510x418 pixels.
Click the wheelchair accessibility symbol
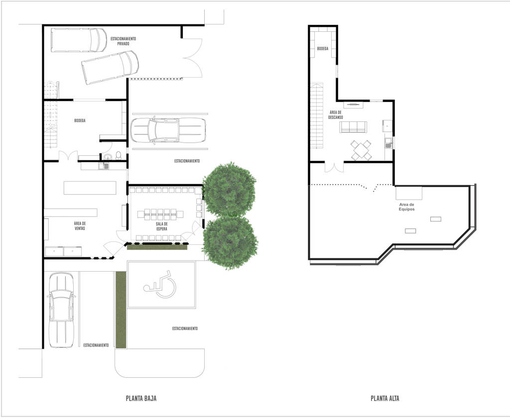pyautogui.click(x=160, y=284)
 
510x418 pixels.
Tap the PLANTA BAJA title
pyautogui.click(x=144, y=398)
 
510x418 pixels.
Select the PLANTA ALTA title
pyautogui.click(x=384, y=398)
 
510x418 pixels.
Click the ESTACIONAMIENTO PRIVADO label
pyautogui.click(x=123, y=41)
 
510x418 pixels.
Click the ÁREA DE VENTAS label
pyautogui.click(x=80, y=226)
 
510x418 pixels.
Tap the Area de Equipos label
pyautogui.click(x=406, y=207)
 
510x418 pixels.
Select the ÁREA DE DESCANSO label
pyautogui.click(x=335, y=115)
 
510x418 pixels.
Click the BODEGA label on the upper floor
pyautogui.click(x=322, y=49)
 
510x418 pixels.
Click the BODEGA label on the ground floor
pyautogui.click(x=80, y=120)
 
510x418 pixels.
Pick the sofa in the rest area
pyautogui.click(x=353, y=127)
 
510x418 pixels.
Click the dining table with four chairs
pyautogui.click(x=361, y=150)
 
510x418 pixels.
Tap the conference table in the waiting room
pyautogui.click(x=161, y=215)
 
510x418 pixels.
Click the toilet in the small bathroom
pyautogui.click(x=118, y=155)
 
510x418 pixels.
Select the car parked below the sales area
pyautogui.click(x=61, y=310)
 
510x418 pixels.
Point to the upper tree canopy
pyautogui.click(x=230, y=189)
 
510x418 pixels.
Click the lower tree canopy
pyautogui.click(x=231, y=243)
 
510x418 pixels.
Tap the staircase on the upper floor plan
pyautogui.click(x=317, y=115)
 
